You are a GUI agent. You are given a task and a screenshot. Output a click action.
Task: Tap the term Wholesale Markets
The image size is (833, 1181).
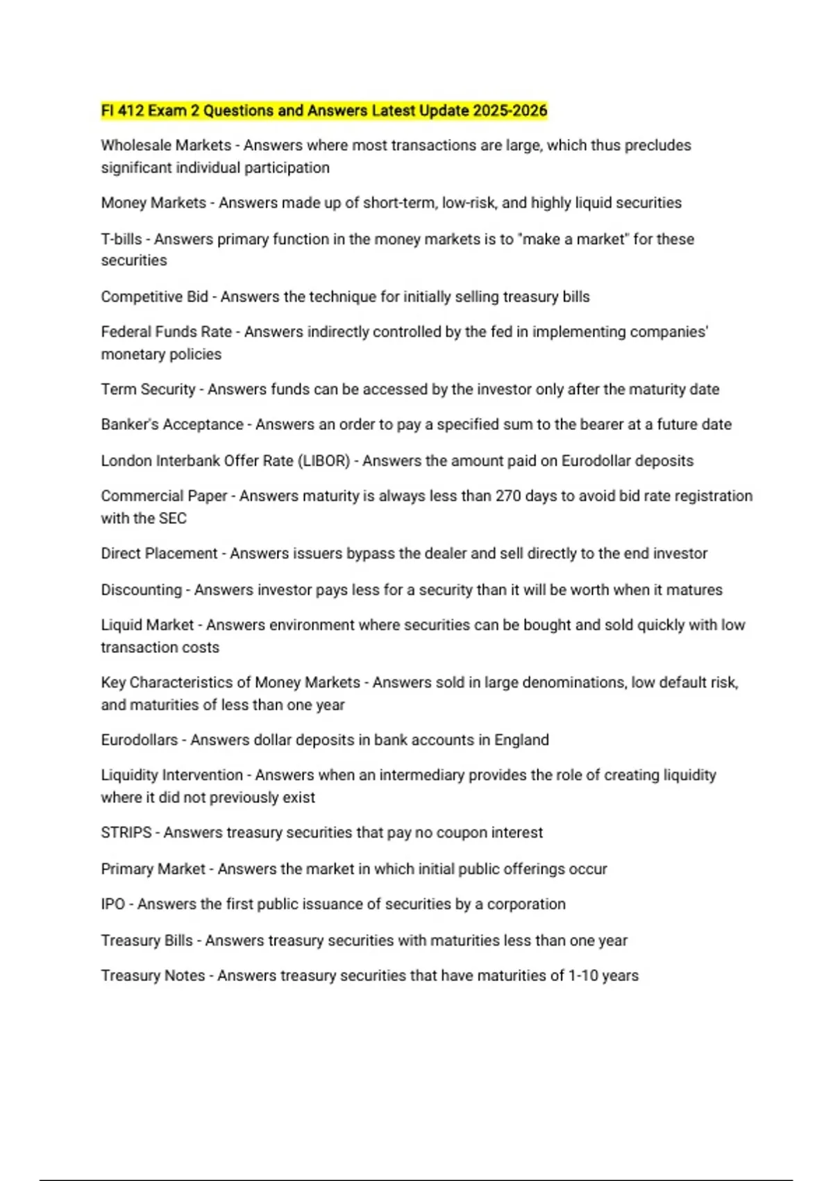pyautogui.click(x=166, y=145)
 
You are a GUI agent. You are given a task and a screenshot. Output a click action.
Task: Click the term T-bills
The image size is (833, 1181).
pyautogui.click(x=121, y=239)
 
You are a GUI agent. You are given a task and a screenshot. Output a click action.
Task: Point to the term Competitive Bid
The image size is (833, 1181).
pyautogui.click(x=154, y=297)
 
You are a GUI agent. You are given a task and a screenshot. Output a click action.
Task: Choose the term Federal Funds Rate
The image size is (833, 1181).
pyautogui.click(x=166, y=332)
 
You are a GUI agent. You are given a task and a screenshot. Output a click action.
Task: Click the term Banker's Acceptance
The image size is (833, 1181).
pyautogui.click(x=172, y=424)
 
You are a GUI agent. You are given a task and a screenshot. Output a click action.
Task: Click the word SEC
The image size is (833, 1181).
pyautogui.click(x=173, y=518)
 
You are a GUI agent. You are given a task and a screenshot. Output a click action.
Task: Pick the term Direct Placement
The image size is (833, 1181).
pyautogui.click(x=159, y=554)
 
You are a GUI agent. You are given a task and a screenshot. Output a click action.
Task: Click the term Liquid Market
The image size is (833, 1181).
pyautogui.click(x=147, y=625)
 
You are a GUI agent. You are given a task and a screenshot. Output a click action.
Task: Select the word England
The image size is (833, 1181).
pyautogui.click(x=521, y=740)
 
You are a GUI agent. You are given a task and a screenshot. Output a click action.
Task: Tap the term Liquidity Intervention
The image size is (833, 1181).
pyautogui.click(x=172, y=775)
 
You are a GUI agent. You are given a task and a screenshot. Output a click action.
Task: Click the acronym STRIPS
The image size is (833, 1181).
pyautogui.click(x=126, y=832)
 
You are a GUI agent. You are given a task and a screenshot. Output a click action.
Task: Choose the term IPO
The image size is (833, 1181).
pyautogui.click(x=113, y=904)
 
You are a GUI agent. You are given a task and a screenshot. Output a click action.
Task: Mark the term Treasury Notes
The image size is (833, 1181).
pyautogui.click(x=153, y=975)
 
